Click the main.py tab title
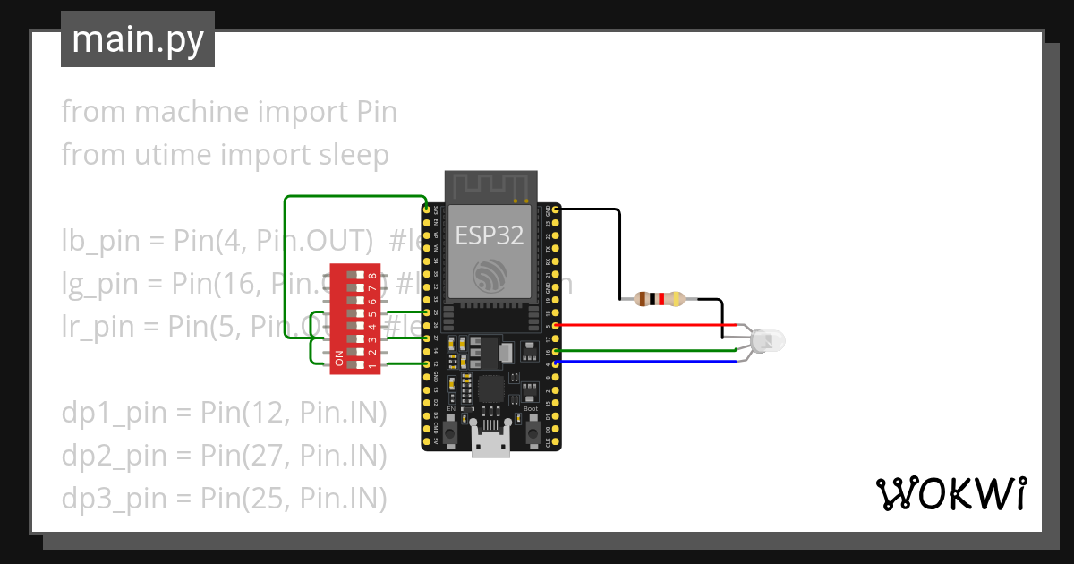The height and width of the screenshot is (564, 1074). click(x=137, y=40)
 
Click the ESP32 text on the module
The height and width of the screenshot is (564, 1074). click(x=489, y=235)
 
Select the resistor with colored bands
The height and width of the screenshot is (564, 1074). click(x=659, y=299)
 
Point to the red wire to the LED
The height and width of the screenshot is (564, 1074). click(x=644, y=325)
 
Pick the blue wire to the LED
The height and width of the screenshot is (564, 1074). click(x=644, y=362)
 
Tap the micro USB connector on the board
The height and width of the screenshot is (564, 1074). click(x=490, y=445)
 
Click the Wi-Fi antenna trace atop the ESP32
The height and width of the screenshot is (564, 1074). click(x=490, y=187)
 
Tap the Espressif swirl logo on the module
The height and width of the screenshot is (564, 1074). click(x=490, y=274)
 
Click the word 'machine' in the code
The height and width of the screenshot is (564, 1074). click(x=191, y=112)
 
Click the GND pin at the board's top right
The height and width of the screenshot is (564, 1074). click(x=557, y=209)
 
